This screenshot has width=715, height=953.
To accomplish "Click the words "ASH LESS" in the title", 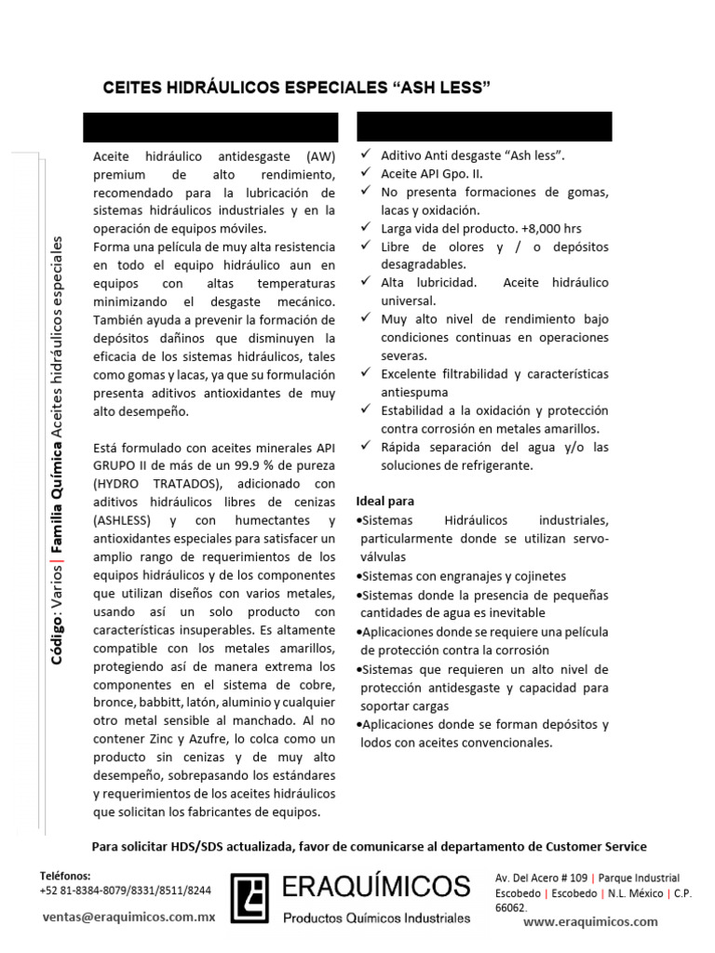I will pos(445,87).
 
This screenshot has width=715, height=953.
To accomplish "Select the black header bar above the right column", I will pos(484,127).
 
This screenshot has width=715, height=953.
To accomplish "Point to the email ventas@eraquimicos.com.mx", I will pos(128,916).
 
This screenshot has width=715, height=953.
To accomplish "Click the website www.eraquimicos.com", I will pos(590,921).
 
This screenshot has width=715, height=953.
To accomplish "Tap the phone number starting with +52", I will pos(125,890).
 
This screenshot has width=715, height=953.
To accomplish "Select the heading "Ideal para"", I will pos(385,501).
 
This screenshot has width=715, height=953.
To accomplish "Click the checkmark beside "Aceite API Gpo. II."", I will pos(367,174).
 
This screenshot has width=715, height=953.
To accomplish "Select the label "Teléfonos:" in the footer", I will pos(65,876).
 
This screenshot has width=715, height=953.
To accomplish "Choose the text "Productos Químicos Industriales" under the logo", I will pos(377,918).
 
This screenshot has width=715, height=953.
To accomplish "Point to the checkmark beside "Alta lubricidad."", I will pos(367,282).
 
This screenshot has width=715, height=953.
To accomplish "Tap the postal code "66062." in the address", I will pos(511,907).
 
